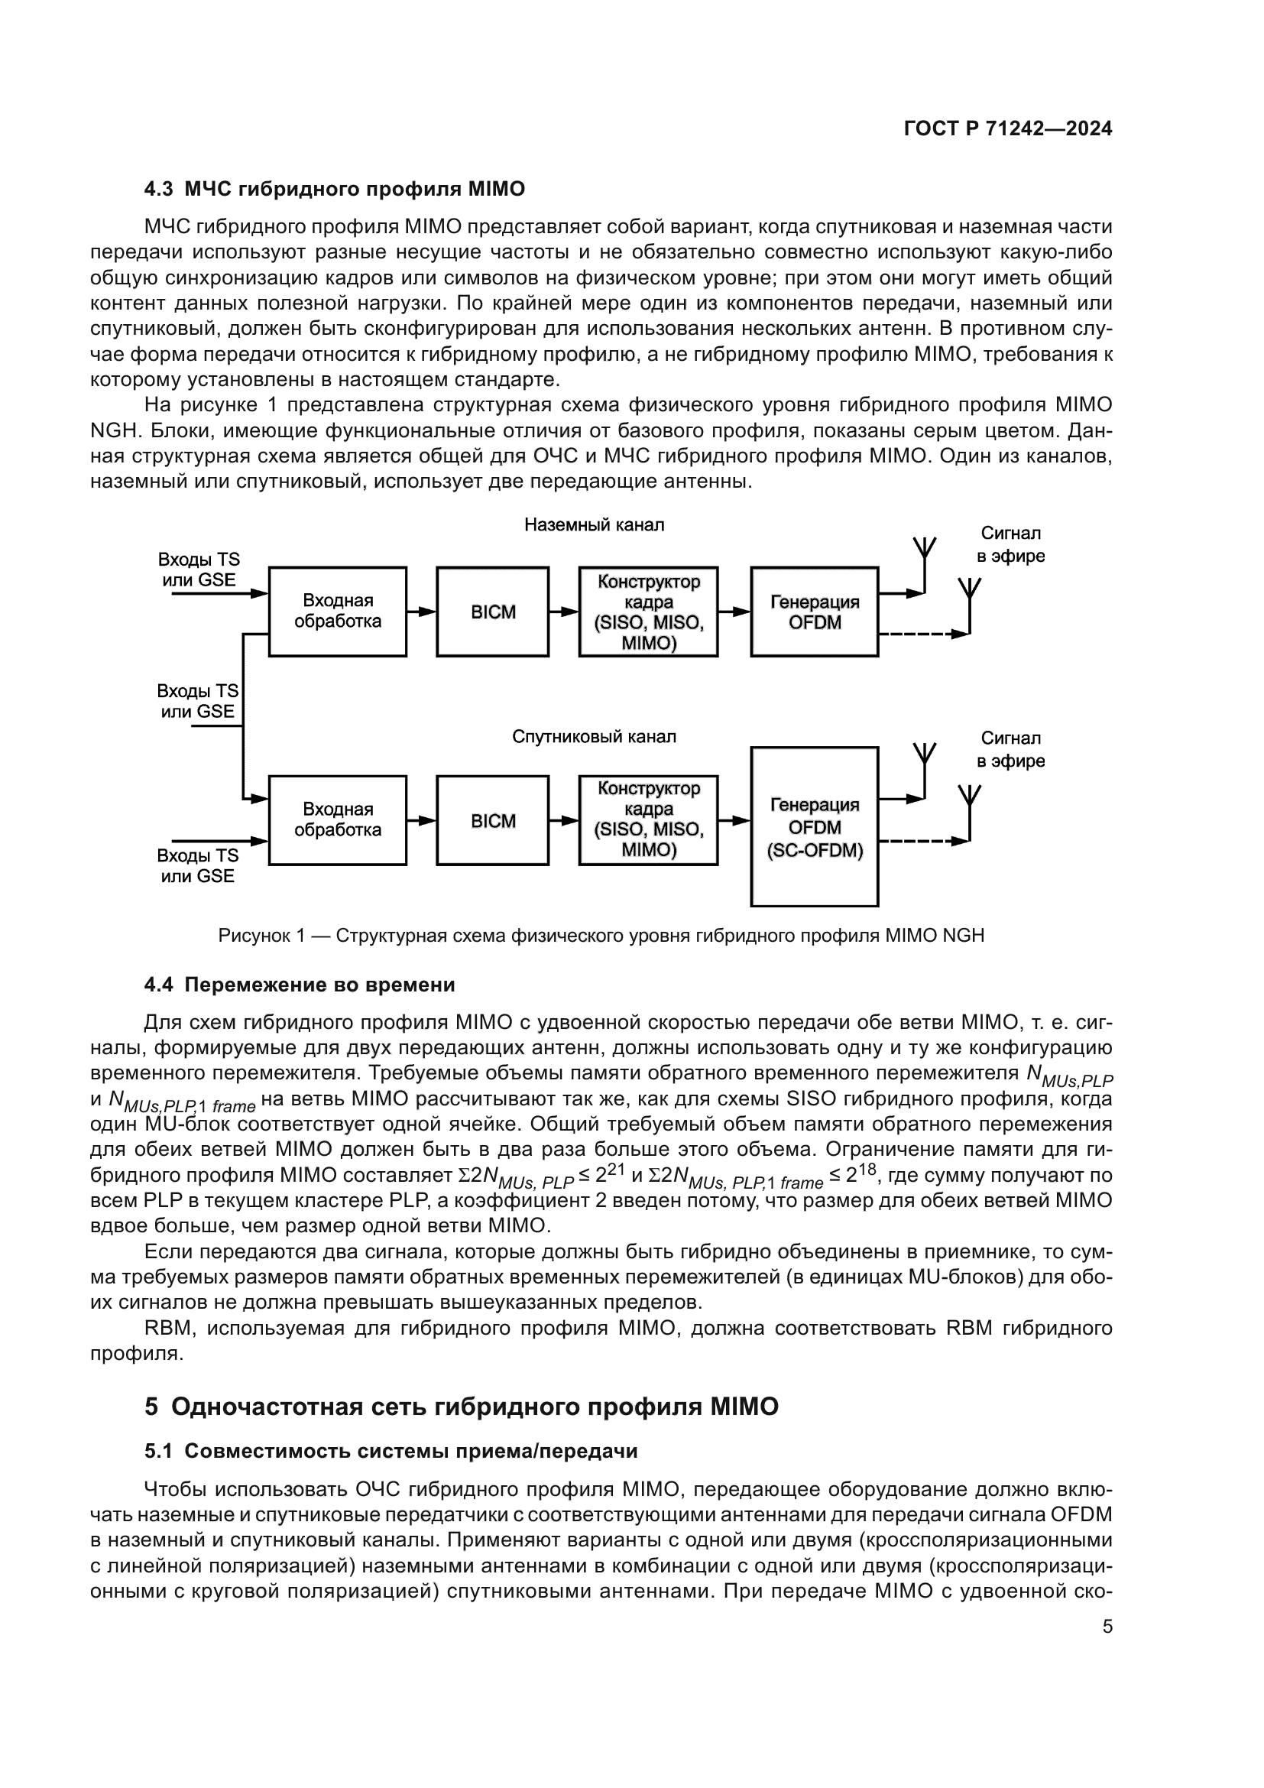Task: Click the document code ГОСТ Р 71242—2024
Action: pyautogui.click(x=1007, y=129)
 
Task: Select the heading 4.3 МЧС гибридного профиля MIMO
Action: pyautogui.click(x=335, y=190)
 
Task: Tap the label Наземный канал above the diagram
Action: pyautogui.click(x=594, y=525)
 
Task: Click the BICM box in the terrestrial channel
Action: pyautogui.click(x=493, y=612)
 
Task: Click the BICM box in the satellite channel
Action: pyautogui.click(x=493, y=821)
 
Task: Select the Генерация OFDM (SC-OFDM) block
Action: pyautogui.click(x=814, y=827)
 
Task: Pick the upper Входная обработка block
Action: pyautogui.click(x=338, y=612)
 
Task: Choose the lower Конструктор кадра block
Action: pyautogui.click(x=648, y=820)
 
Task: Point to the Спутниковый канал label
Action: pyautogui.click(x=594, y=737)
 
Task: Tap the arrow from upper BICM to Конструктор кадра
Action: pyautogui.click(x=563, y=612)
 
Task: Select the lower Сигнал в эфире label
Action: pyautogui.click(x=1010, y=749)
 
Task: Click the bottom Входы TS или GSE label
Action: pyautogui.click(x=198, y=866)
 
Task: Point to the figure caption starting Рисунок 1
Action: pyautogui.click(x=601, y=935)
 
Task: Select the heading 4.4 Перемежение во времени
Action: pyautogui.click(x=300, y=985)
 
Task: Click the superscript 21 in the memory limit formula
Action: pyautogui.click(x=617, y=1168)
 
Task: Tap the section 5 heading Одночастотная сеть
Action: pyautogui.click(x=462, y=1407)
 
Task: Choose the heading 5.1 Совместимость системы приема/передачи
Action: pyautogui.click(x=391, y=1452)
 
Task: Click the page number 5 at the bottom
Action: pyautogui.click(x=1107, y=1627)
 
